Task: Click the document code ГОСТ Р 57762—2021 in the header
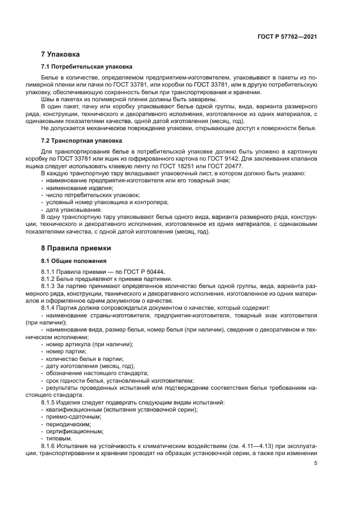tap(288, 36)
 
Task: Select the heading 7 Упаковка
tap(60, 54)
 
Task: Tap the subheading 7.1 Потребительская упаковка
tap(87, 67)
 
